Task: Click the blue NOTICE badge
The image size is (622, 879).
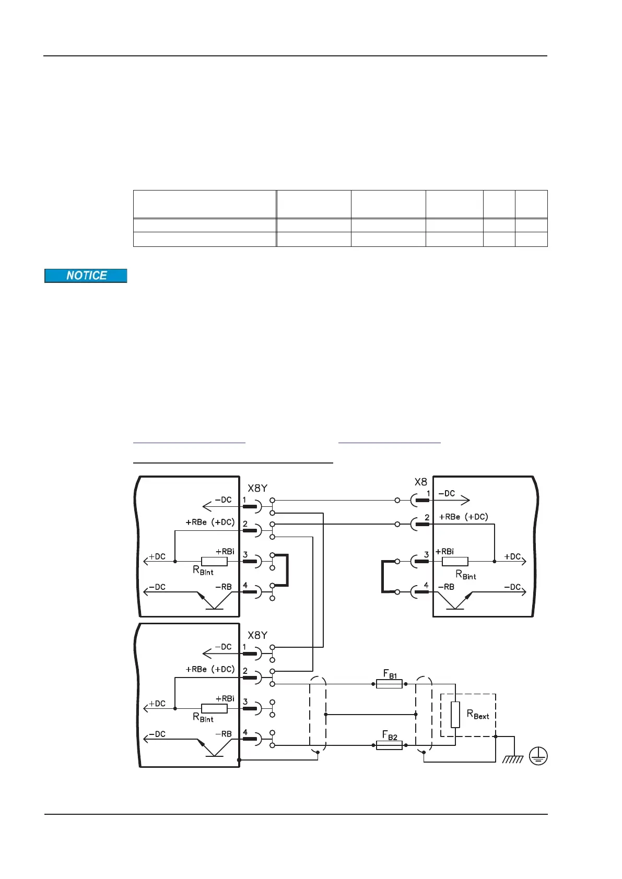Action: [86, 276]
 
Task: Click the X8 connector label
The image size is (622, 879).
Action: [420, 482]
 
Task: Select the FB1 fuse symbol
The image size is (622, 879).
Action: [389, 684]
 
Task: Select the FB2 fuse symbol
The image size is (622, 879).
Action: [389, 745]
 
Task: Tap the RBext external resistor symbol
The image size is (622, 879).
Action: [455, 715]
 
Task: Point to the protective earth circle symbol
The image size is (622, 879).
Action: [538, 756]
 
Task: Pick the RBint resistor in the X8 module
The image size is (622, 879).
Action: [455, 562]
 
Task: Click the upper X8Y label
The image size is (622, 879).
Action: [257, 488]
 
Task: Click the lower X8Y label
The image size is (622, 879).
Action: [257, 635]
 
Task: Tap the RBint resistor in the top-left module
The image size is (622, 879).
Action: [214, 562]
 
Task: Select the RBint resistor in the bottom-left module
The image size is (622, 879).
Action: [214, 708]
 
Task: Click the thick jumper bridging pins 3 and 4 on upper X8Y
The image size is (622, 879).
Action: [287, 571]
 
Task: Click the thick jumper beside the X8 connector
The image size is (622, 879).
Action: [383, 576]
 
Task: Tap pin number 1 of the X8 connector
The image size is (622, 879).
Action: [428, 493]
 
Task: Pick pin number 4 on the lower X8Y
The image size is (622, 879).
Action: [245, 732]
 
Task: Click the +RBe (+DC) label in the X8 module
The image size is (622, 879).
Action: [463, 517]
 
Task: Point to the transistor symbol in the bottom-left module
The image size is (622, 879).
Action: [214, 748]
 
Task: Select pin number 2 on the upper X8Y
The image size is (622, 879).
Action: [245, 524]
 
